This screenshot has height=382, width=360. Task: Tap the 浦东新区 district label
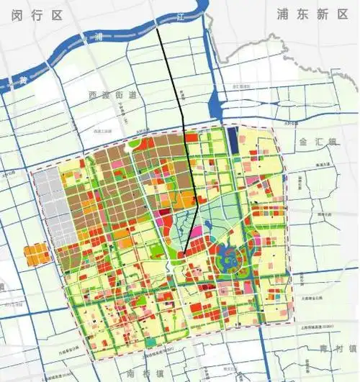(311, 14)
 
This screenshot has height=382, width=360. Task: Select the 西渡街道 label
(112, 95)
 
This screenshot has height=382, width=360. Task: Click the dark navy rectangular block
(232, 137)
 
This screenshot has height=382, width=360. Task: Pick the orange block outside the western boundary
(34, 255)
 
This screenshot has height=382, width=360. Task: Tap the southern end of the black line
(184, 254)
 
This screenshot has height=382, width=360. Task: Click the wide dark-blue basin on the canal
(214, 108)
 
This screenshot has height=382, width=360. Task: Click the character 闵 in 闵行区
(17, 12)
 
